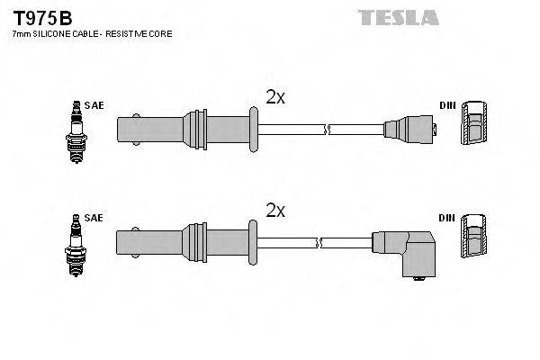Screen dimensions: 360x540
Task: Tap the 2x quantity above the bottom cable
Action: coord(275,211)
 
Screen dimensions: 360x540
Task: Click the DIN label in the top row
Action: coord(447,105)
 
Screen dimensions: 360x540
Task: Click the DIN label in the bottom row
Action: coord(447,218)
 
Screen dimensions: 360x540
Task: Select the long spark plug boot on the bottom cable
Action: coord(180,242)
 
